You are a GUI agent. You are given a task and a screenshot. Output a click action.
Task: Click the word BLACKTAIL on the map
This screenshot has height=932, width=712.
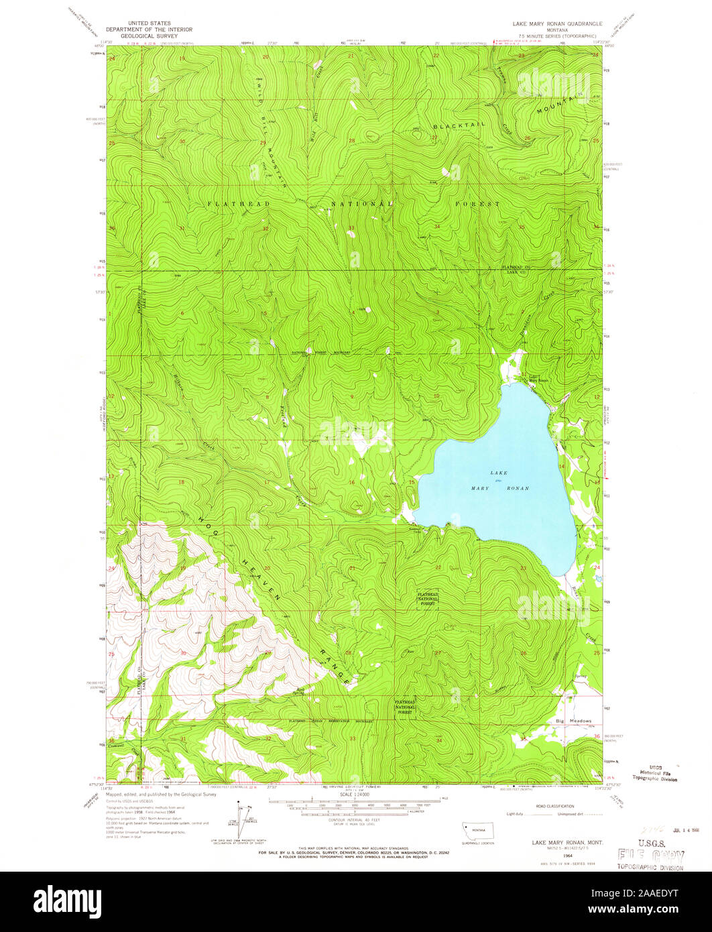coord(459,127)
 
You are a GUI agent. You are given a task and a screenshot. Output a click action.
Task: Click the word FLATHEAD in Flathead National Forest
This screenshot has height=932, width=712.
coord(230,203)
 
